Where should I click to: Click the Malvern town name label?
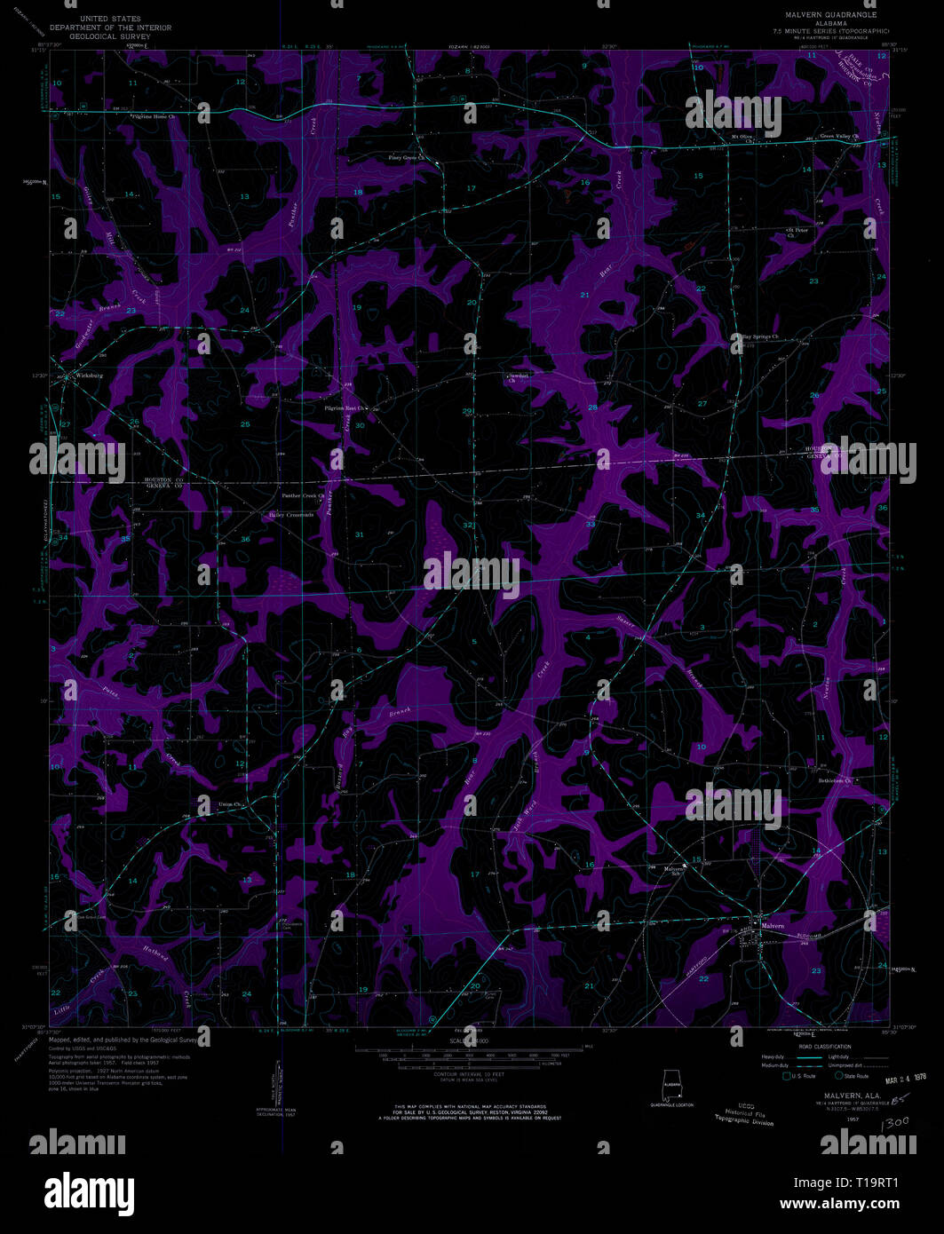click(773, 926)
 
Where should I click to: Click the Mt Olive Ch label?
click(742, 137)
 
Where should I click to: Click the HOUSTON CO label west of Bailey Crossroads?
click(163, 479)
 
